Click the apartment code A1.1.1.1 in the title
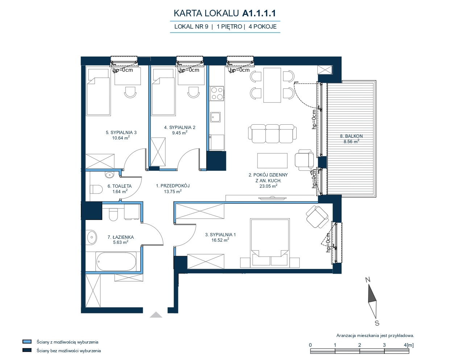259,13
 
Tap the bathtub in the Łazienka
116,262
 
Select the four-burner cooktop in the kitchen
217,93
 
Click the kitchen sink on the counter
215,117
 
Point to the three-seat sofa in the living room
272,134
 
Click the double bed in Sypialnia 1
270,243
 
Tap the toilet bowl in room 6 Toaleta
96,190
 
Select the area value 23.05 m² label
268,186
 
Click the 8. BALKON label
351,136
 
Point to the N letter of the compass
368,280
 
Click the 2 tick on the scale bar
359,345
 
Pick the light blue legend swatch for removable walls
27,342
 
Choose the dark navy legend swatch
27,350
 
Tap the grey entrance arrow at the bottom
156,315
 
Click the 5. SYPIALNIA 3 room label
121,133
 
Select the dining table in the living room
272,85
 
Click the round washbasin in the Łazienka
91,237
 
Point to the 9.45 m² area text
179,133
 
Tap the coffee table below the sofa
272,161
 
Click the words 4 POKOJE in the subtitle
263,26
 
